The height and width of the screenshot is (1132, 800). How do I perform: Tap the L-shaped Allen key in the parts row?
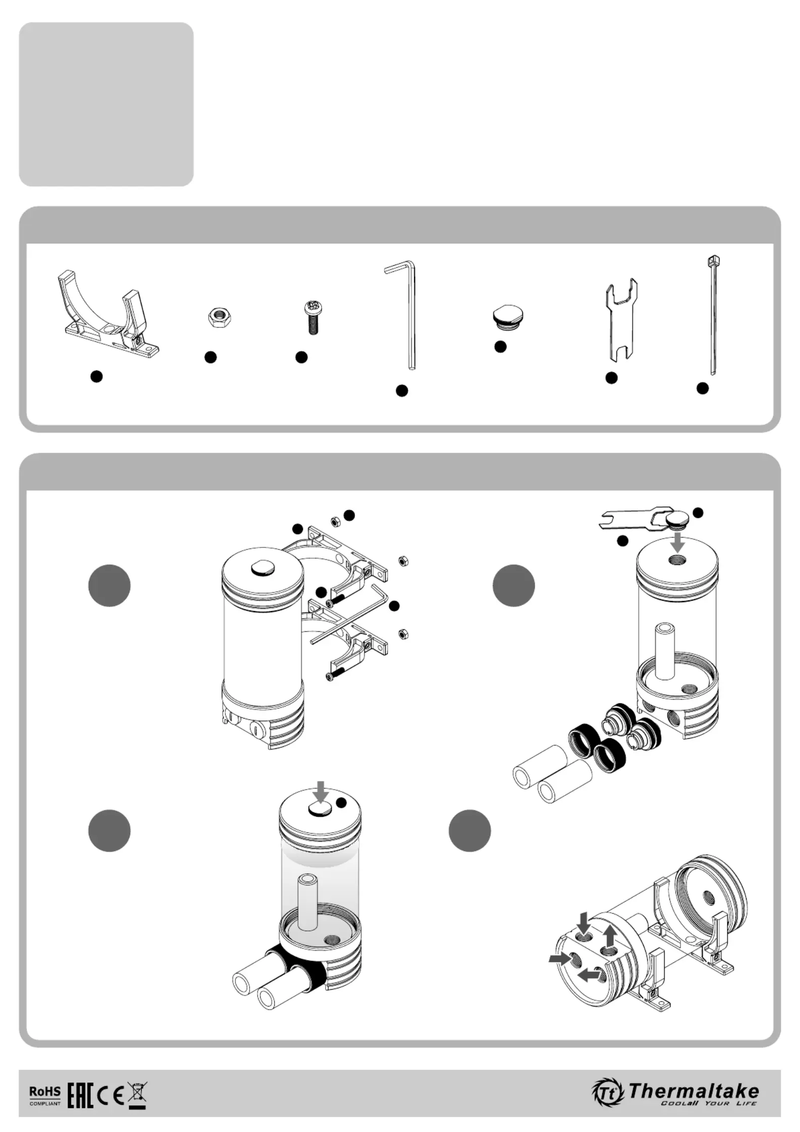[x=402, y=315]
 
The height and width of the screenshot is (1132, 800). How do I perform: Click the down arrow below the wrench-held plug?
[x=679, y=543]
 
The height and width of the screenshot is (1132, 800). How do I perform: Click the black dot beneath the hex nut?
[x=211, y=357]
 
